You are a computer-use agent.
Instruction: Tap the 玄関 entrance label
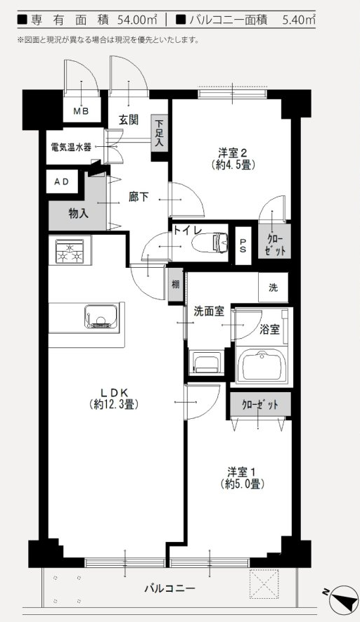(127, 119)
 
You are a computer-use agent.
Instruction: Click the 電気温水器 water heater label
(71, 148)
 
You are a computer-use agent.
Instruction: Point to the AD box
(62, 182)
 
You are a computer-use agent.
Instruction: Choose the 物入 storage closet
(77, 213)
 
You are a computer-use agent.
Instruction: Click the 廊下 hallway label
(139, 197)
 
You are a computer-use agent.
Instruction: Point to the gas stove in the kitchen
(70, 251)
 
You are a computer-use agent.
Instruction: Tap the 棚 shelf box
(175, 285)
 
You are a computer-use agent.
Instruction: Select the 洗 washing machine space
(273, 287)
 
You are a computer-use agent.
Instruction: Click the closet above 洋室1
(259, 405)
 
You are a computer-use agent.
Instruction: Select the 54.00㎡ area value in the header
(131, 20)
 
